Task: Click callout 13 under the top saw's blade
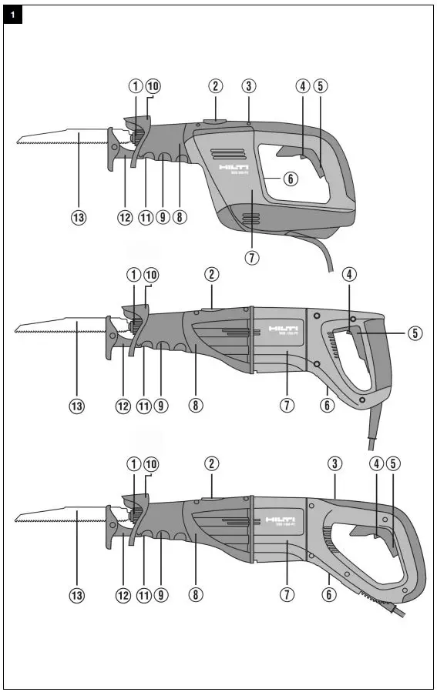point(78,218)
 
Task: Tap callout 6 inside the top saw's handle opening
point(290,179)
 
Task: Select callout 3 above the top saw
point(249,85)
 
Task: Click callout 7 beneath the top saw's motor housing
point(251,257)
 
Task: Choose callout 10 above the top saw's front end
point(153,85)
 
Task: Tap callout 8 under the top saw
point(179,218)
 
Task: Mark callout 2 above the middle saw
point(212,275)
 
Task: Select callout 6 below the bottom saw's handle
point(328,595)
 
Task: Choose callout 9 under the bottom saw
point(160,595)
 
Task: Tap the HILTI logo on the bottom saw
point(281,520)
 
